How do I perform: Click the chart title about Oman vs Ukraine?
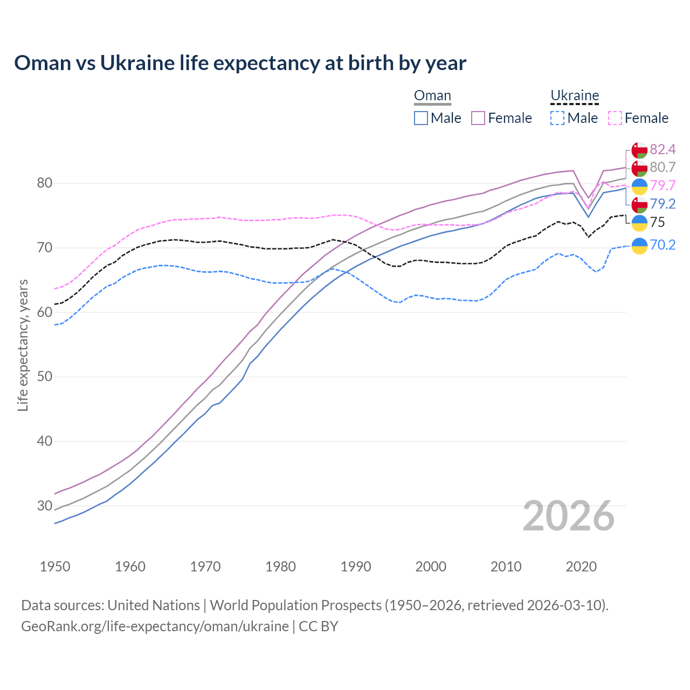tap(240, 63)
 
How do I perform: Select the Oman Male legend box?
tap(421, 118)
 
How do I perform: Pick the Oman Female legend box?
tap(478, 118)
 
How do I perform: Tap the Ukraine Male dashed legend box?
tap(557, 118)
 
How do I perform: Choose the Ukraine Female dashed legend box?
tap(615, 118)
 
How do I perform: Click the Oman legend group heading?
tap(432, 96)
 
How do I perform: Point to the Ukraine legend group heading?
tap(575, 96)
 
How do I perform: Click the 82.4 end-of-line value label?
tap(663, 149)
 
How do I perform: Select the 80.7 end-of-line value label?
tap(663, 168)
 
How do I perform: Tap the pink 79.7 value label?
tap(663, 186)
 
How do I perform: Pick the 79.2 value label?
tap(663, 204)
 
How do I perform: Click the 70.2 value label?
tap(663, 245)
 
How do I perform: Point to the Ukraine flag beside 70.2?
tap(639, 245)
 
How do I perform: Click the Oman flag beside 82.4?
tap(639, 150)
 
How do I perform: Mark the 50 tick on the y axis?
tap(45, 377)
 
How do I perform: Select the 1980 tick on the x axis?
tap(280, 567)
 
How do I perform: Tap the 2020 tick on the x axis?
tap(581, 567)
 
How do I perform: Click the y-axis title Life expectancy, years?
tap(23, 345)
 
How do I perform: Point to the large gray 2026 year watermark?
tap(569, 516)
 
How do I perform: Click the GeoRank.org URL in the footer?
tap(155, 626)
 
